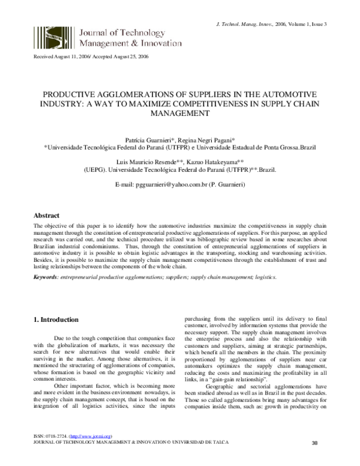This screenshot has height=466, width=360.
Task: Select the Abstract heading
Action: pyautogui.click(x=46, y=215)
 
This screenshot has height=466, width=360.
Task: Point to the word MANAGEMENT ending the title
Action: pyautogui.click(x=180, y=113)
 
